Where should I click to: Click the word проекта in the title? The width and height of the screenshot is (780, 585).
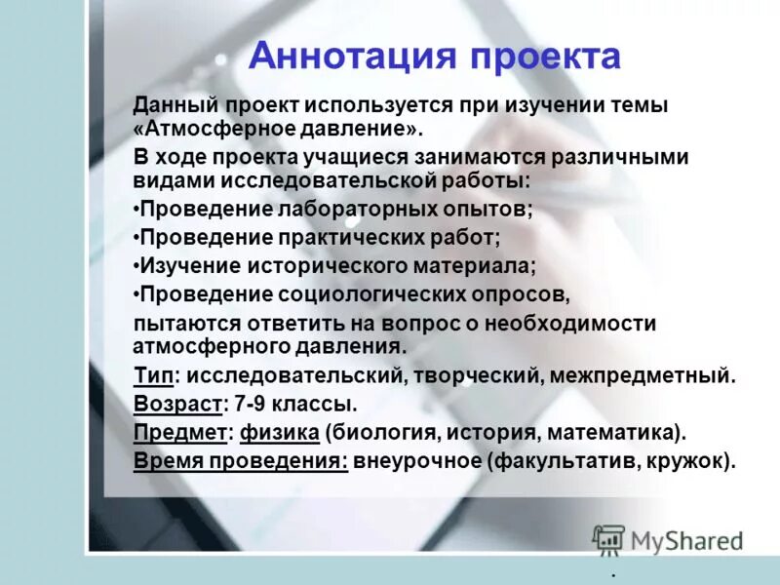(x=545, y=56)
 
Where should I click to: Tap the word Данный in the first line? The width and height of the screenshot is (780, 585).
(x=175, y=104)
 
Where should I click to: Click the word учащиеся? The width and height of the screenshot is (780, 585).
(x=379, y=157)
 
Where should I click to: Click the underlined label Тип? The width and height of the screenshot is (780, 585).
(x=153, y=374)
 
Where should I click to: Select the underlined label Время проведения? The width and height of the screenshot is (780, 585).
(x=240, y=460)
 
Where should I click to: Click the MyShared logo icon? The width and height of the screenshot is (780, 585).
(x=607, y=539)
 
